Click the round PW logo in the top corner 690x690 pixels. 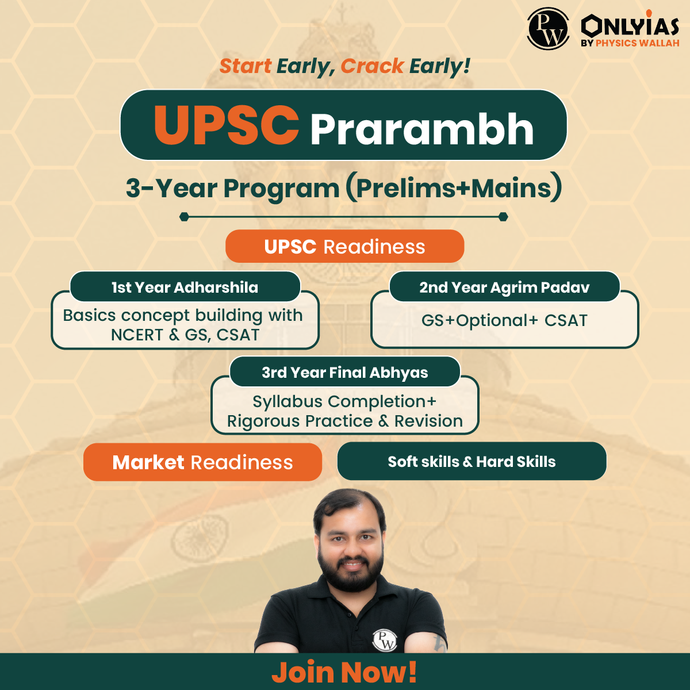[548, 29]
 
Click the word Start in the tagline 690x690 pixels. [246, 66]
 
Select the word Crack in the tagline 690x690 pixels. [373, 66]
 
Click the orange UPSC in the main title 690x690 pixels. [227, 125]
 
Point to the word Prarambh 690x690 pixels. [422, 129]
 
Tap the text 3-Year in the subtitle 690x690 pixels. [171, 189]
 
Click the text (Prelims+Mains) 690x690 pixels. [454, 187]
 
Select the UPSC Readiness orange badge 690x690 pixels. [344, 246]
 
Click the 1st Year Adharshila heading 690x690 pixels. [185, 287]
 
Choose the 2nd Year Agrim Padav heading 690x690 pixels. [504, 287]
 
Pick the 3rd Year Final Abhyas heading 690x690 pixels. [344, 373]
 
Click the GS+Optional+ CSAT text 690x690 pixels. [504, 320]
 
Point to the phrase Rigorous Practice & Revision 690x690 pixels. [345, 421]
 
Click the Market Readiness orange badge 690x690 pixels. [202, 462]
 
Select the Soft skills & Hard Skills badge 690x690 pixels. [471, 461]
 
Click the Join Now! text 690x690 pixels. [344, 672]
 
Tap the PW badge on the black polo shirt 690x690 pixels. [385, 640]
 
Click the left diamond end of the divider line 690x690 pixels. [184, 217]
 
